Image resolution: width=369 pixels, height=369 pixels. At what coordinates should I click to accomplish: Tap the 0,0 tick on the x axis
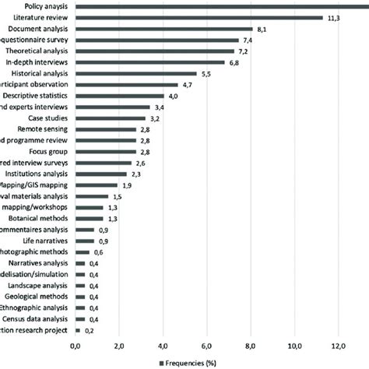pos(76,346)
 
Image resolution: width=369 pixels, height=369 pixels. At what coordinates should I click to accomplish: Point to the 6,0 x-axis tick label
pos(207,346)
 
